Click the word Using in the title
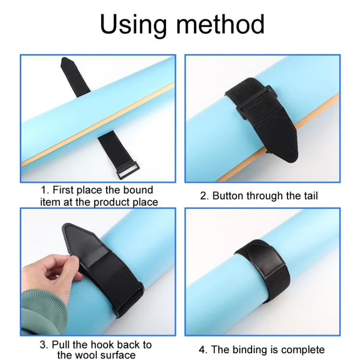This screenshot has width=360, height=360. [x=133, y=24]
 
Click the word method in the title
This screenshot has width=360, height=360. [x=220, y=24]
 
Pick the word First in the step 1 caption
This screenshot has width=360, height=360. [x=63, y=190]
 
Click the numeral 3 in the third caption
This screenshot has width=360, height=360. [x=43, y=345]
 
